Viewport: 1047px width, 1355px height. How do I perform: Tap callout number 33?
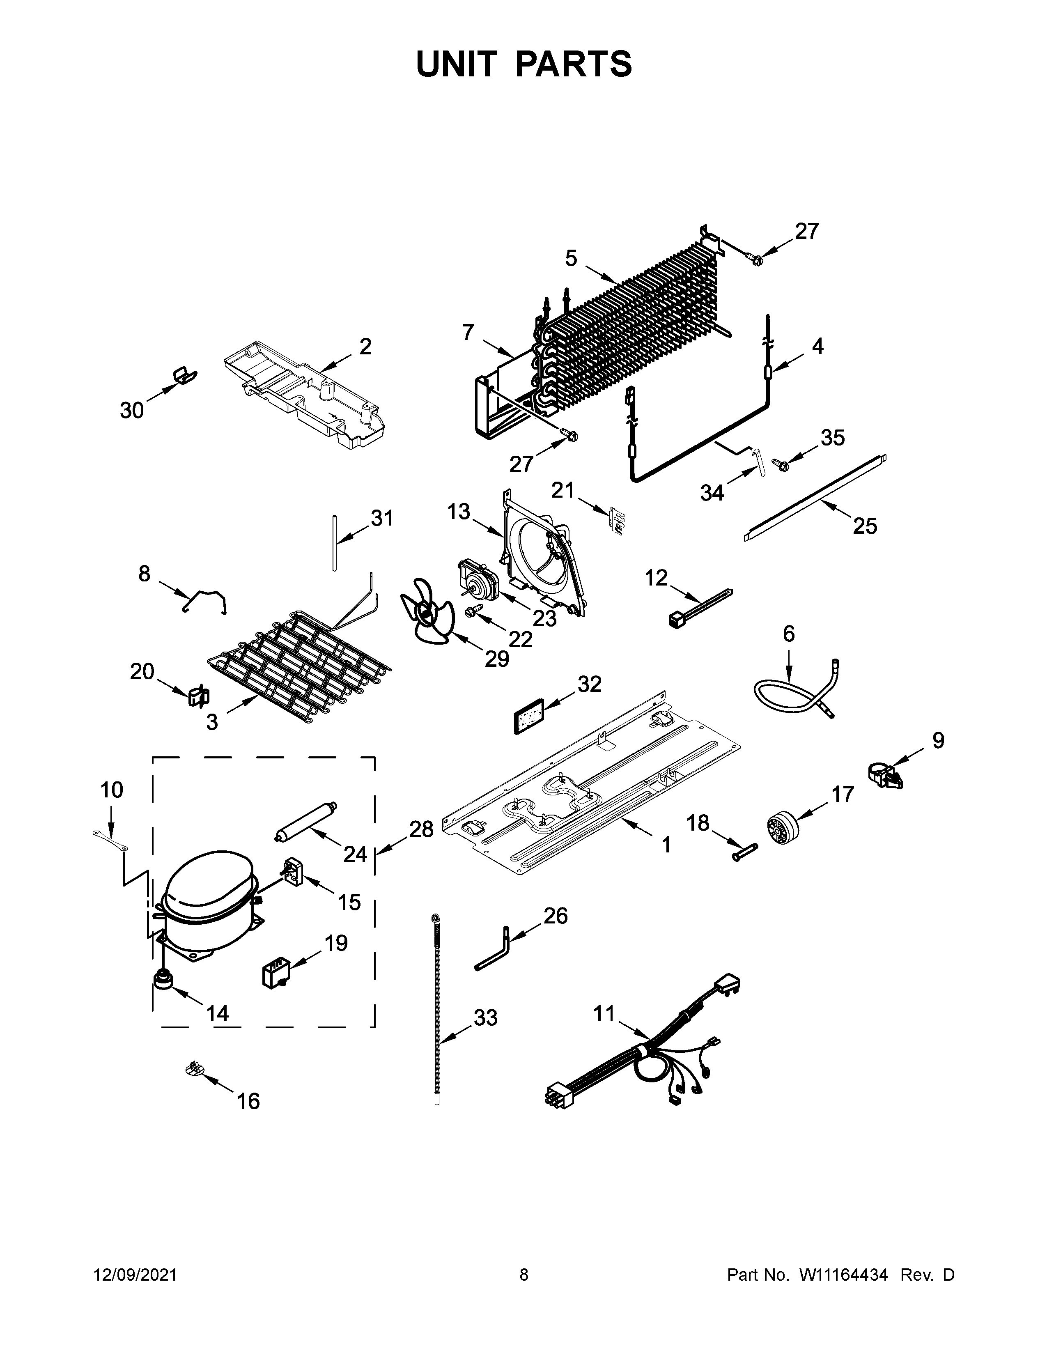(485, 1017)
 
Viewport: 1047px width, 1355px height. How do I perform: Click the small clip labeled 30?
(184, 377)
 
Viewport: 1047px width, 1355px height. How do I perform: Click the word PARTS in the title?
(574, 64)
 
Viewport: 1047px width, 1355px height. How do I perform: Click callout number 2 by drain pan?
(365, 346)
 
